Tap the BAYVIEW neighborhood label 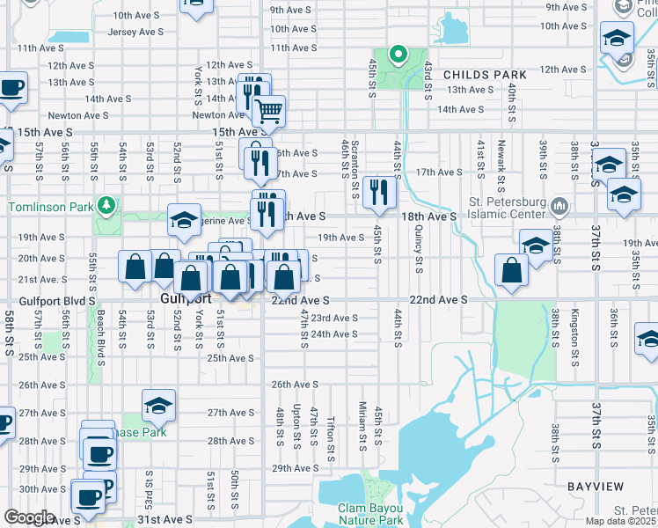click(x=596, y=487)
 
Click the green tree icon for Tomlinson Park click(x=106, y=205)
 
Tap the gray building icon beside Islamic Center click(x=559, y=207)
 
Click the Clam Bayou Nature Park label click(x=371, y=514)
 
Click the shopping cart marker click(x=268, y=111)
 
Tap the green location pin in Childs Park click(x=398, y=55)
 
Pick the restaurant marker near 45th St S click(x=379, y=193)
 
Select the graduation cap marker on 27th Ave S click(x=158, y=406)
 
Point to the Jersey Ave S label click(x=137, y=32)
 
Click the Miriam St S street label click(x=362, y=422)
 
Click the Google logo click(x=29, y=517)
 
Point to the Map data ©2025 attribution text click(x=621, y=521)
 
